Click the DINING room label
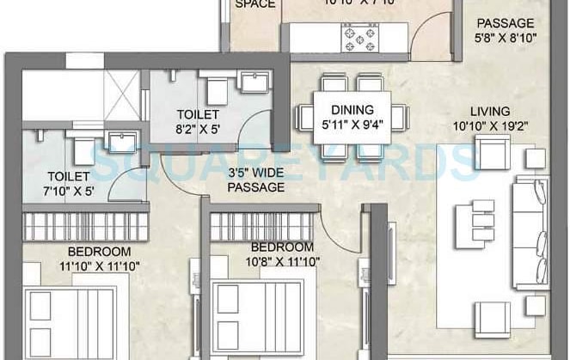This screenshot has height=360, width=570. click(352, 110)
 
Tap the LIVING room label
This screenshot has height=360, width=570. click(490, 111)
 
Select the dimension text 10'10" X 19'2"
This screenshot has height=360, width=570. click(489, 126)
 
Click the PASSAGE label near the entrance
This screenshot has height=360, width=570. click(506, 23)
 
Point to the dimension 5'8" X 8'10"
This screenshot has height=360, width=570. click(506, 38)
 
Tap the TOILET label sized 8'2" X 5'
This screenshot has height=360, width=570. click(198, 114)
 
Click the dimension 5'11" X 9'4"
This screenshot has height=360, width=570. click(352, 125)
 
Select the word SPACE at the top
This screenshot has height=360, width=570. click(256, 4)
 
